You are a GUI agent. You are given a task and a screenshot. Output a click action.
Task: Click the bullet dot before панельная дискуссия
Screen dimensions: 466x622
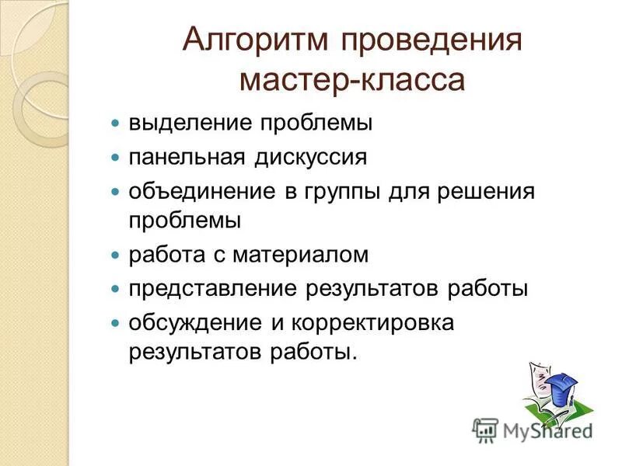click(x=114, y=157)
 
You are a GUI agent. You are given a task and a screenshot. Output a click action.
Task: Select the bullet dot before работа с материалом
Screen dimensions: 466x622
click(x=114, y=255)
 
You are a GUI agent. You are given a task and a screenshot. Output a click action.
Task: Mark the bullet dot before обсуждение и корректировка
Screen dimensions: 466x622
click(x=114, y=322)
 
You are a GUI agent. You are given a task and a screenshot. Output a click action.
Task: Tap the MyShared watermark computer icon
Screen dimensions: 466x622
click(x=485, y=429)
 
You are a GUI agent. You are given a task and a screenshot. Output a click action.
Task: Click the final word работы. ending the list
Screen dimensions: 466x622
click(x=313, y=353)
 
